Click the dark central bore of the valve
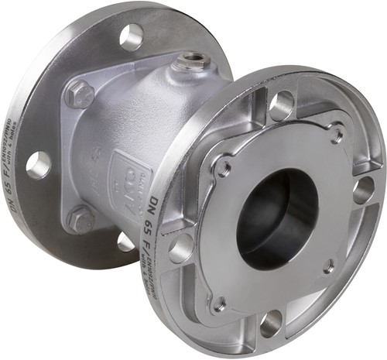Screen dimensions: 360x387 tap(275, 217)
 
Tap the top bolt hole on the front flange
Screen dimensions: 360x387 tap(282, 105)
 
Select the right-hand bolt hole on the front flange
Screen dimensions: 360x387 tap(363, 190)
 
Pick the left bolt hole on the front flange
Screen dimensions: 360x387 tap(182, 248)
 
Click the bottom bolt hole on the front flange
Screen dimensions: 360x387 tap(271, 323)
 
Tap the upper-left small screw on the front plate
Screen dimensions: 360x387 tap(223, 166)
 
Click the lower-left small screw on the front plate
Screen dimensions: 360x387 tap(220, 303)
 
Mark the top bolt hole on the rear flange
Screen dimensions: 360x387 tap(131, 37)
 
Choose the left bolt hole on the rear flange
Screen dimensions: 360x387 tap(38, 164)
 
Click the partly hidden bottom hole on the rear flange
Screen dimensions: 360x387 tap(126, 242)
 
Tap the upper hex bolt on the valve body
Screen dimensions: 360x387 tap(79, 95)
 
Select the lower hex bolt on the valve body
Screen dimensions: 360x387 tap(80, 219)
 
